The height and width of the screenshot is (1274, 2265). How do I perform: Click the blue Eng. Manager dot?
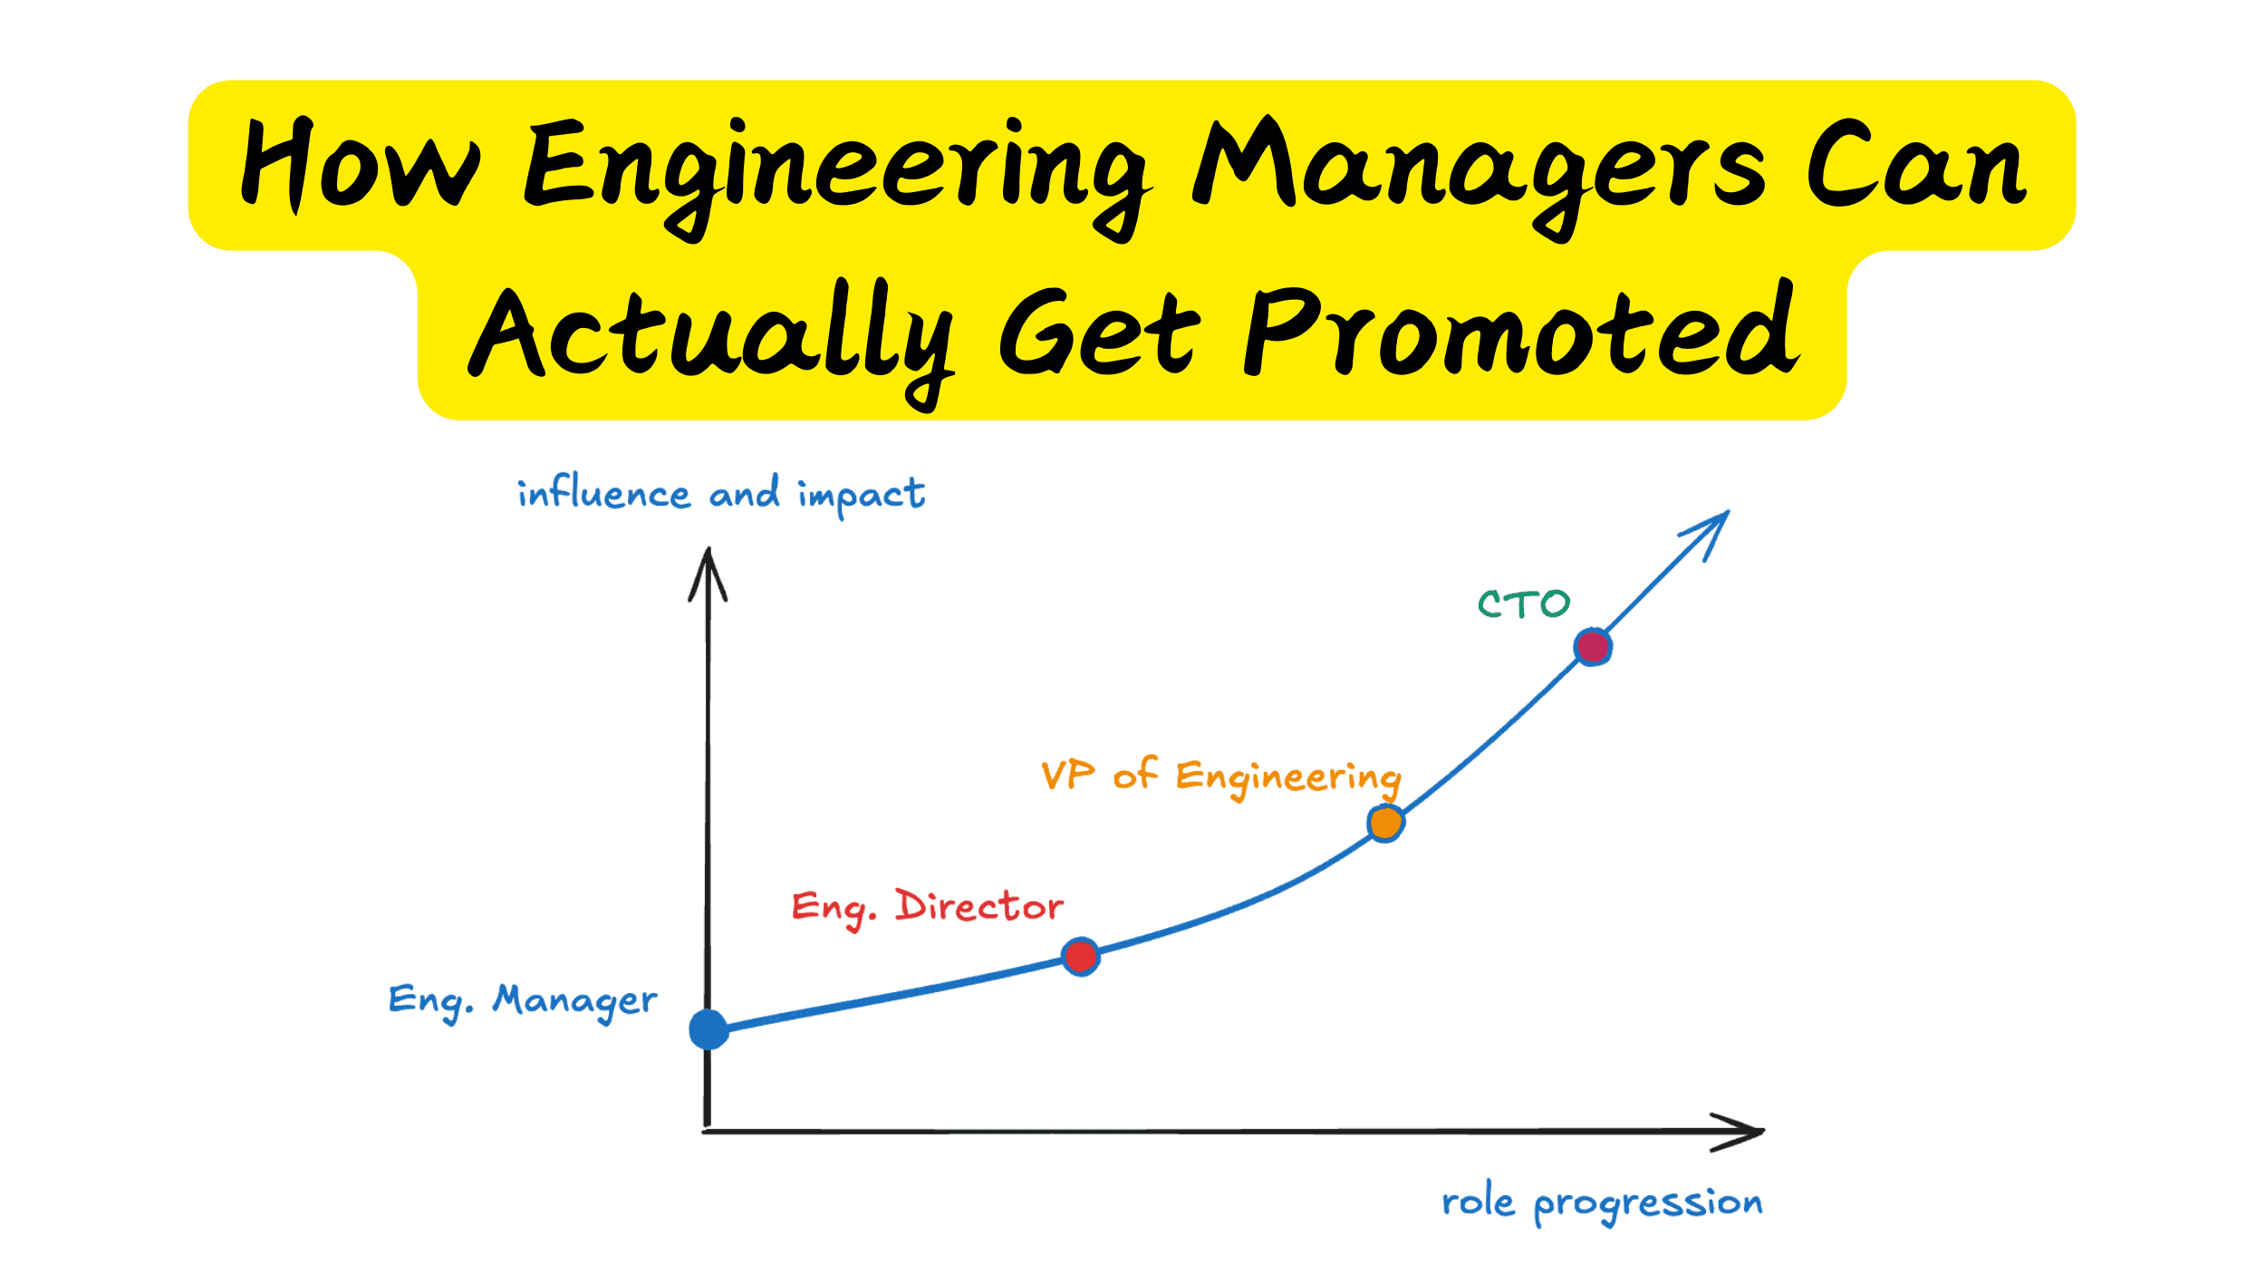pyautogui.click(x=708, y=1029)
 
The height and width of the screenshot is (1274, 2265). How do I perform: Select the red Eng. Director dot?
pyautogui.click(x=1081, y=956)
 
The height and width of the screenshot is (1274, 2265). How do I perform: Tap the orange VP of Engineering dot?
pyautogui.click(x=1385, y=824)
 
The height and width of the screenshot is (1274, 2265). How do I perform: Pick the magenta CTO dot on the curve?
pyautogui.click(x=1593, y=647)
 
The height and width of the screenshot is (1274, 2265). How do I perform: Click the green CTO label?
pyautogui.click(x=1524, y=604)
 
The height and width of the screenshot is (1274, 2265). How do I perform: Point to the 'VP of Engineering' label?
pyautogui.click(x=1220, y=777)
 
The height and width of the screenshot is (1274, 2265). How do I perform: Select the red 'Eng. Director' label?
pyautogui.click(x=927, y=907)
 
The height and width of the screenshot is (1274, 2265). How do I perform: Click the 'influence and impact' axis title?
pyautogui.click(x=721, y=494)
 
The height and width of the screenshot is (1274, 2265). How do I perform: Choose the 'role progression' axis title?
pyautogui.click(x=1602, y=1202)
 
